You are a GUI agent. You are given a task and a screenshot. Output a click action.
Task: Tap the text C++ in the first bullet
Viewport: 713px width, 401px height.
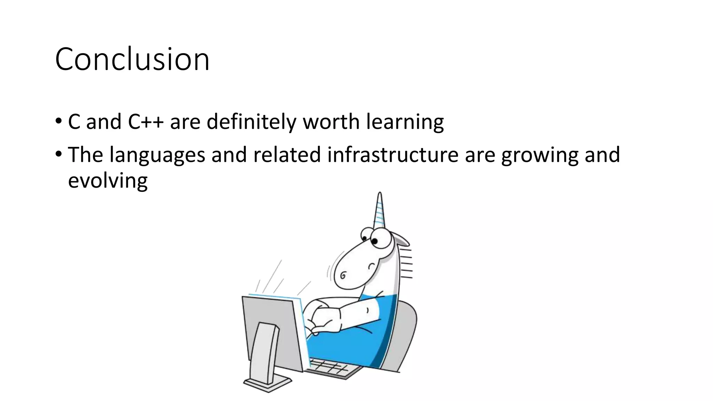click(x=146, y=122)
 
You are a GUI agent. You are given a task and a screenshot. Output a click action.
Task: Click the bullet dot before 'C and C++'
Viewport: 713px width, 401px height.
click(x=58, y=121)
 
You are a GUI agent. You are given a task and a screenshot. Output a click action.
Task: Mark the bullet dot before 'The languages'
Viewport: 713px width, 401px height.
click(x=58, y=154)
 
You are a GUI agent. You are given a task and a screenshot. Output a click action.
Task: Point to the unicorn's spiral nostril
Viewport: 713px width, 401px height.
click(x=343, y=276)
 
